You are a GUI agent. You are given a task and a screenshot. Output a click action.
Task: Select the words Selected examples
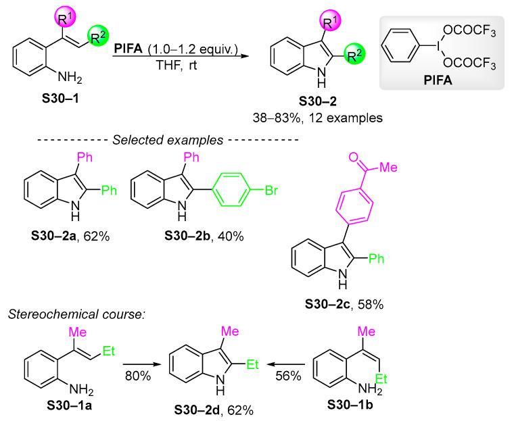tap(164, 140)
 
